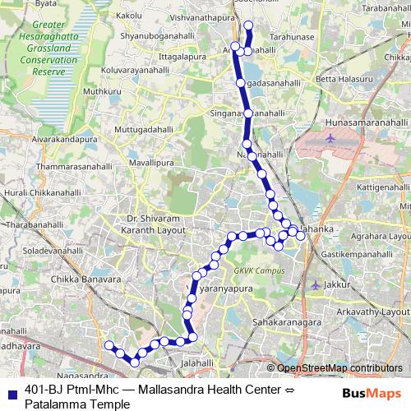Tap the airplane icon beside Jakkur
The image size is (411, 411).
coord(316,284)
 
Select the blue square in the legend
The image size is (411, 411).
coord(12,390)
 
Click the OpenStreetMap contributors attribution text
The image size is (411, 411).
coord(339,368)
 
